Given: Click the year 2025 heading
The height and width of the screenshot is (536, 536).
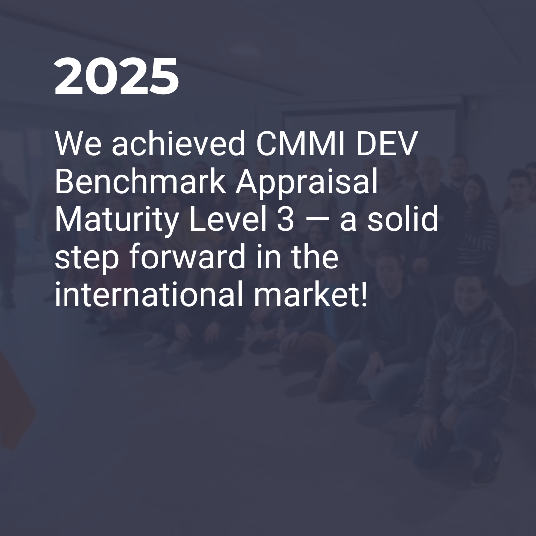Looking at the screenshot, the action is (x=116, y=76).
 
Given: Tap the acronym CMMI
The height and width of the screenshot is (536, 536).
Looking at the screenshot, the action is (x=300, y=143).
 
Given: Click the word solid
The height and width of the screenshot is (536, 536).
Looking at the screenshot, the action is (x=402, y=219).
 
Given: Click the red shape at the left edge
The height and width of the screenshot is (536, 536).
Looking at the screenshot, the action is (x=15, y=400).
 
